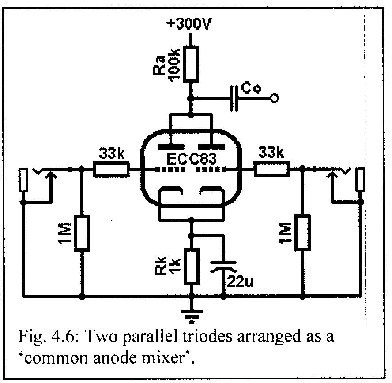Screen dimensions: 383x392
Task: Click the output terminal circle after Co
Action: [274, 98]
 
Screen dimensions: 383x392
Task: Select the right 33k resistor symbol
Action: [271, 169]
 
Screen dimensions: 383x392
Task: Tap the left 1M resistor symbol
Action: [82, 232]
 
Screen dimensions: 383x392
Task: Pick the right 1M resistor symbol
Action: [303, 232]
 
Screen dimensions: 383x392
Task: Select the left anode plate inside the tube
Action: [170, 146]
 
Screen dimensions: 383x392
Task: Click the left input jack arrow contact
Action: [51, 176]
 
